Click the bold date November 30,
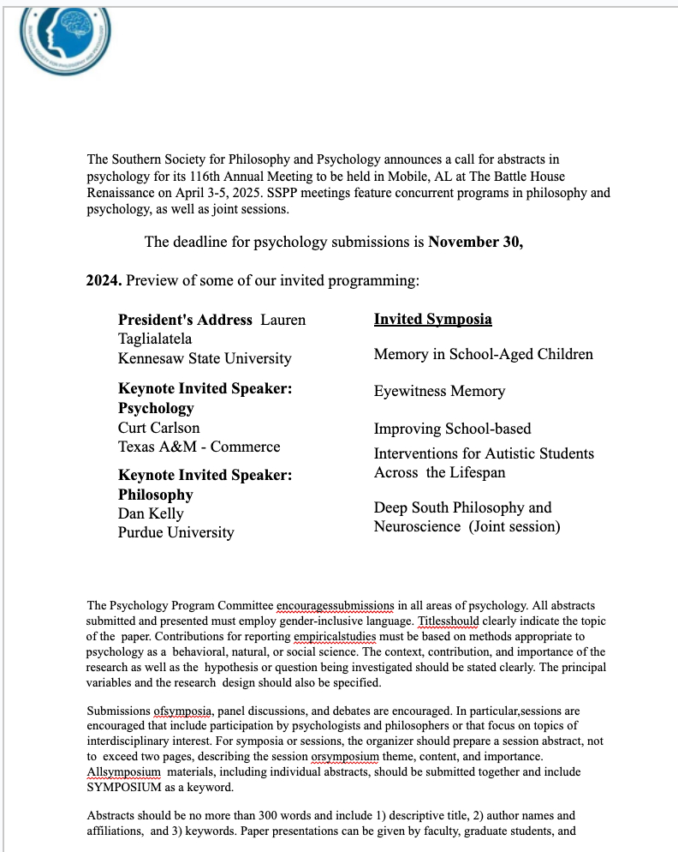[x=475, y=242]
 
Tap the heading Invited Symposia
[x=432, y=320]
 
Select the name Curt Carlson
[x=158, y=428]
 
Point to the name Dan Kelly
[x=151, y=513]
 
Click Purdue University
[x=175, y=532]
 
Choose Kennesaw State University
[x=205, y=358]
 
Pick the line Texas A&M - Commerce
[x=199, y=447]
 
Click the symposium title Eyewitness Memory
[x=439, y=392]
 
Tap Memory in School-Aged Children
[x=483, y=354]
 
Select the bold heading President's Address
[x=185, y=320]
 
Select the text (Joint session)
[x=514, y=526]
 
